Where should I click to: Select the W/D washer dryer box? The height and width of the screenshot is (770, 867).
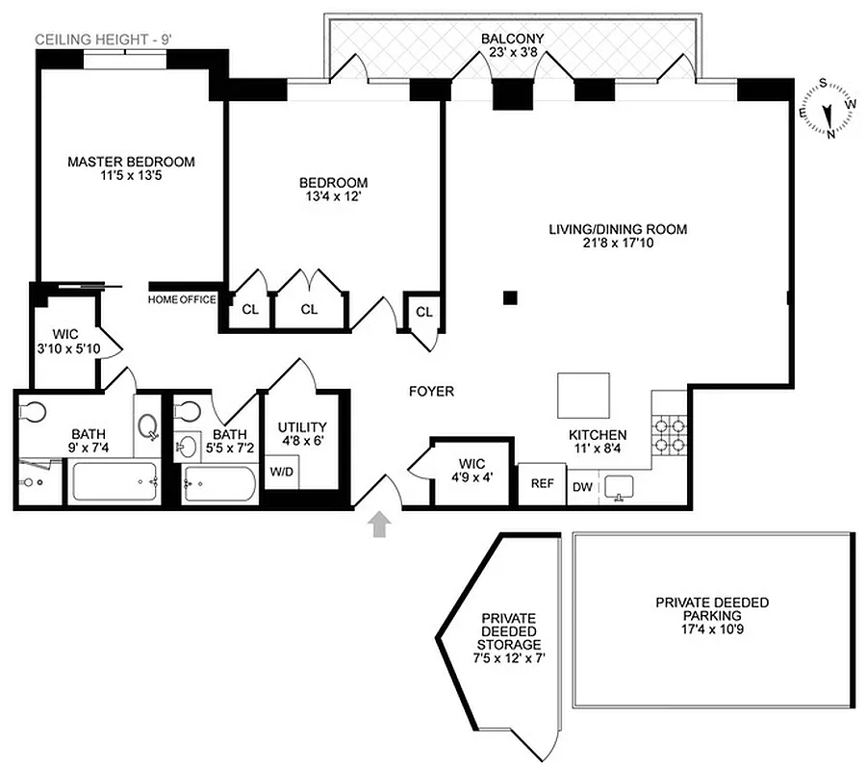click(282, 472)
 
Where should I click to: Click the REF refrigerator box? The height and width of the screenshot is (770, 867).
click(543, 484)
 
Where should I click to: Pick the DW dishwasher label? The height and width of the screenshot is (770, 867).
click(583, 487)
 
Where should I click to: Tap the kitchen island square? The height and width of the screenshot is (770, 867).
click(583, 396)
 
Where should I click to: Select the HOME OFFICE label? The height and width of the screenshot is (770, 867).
click(182, 299)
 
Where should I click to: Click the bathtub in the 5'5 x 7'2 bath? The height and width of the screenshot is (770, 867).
click(219, 483)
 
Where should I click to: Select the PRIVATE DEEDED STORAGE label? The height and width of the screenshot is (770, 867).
click(508, 638)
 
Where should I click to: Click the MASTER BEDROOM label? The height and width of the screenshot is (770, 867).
click(131, 169)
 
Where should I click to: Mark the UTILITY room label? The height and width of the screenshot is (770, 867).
click(302, 434)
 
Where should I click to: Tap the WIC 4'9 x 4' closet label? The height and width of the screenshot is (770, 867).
click(472, 468)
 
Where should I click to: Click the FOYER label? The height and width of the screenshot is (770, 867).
click(431, 392)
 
